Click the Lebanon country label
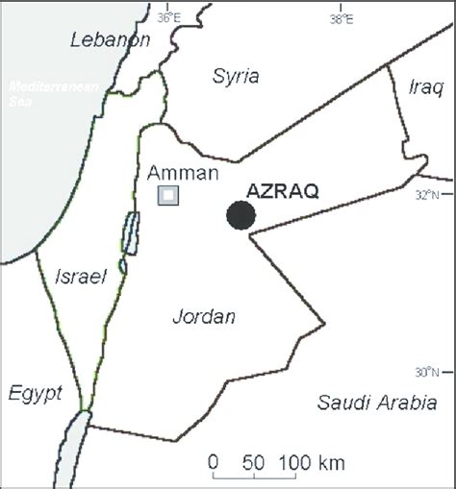point(111,39)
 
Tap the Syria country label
point(235,76)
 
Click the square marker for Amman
point(168,195)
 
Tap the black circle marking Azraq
point(241,214)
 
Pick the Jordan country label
point(203,316)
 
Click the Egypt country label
point(35,393)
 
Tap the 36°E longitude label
point(169,16)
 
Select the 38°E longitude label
point(341,16)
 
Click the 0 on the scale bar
point(214,462)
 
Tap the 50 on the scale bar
point(254,462)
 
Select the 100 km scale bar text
point(313,462)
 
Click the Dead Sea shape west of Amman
point(130,233)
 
